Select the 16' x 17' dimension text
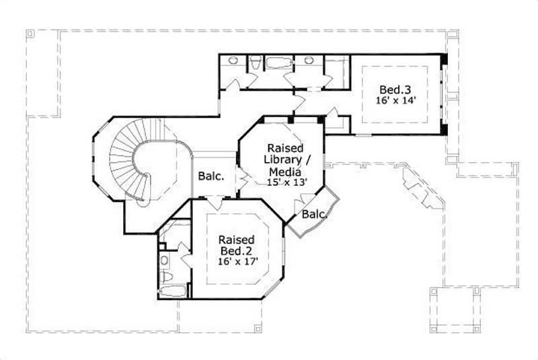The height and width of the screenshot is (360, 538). click(x=237, y=262)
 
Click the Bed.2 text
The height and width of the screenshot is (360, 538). click(x=237, y=251)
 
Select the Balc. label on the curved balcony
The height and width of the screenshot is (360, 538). click(x=313, y=215)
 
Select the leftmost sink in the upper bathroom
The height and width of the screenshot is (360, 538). click(x=233, y=61)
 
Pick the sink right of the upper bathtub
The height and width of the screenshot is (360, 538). click(x=309, y=61)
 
